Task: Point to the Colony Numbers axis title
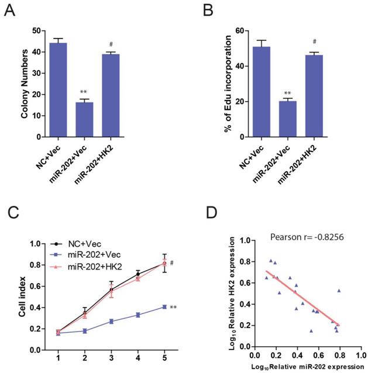click(x=25, y=84)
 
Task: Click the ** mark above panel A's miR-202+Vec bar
click(x=84, y=92)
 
